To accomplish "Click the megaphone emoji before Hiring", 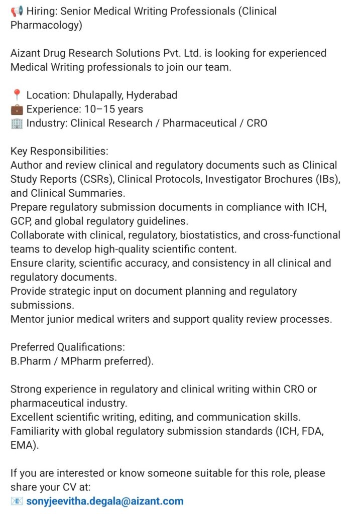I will (x=16, y=11).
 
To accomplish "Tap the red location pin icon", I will (x=17, y=95).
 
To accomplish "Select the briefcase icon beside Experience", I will (x=17, y=109).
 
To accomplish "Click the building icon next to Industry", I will (x=17, y=123).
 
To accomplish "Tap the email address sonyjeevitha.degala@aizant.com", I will (x=105, y=501).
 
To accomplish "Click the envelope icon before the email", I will (x=17, y=501).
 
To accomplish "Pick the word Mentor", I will (x=28, y=319).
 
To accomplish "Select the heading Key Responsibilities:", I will (x=59, y=151).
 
